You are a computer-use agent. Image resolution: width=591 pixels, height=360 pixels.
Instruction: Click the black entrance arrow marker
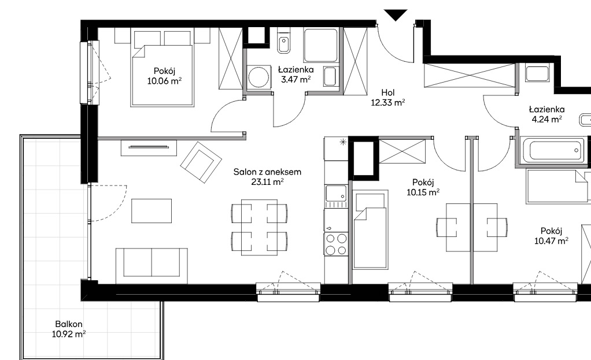[396, 14]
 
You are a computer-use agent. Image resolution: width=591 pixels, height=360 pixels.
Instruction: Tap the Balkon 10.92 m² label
[69, 329]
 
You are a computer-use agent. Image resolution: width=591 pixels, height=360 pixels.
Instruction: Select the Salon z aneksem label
[267, 172]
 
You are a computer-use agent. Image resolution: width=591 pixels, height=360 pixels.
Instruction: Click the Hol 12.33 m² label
[388, 98]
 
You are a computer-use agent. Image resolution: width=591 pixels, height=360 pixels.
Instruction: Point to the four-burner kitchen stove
[336, 244]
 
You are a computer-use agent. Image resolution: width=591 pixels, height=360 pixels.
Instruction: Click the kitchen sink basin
[336, 194]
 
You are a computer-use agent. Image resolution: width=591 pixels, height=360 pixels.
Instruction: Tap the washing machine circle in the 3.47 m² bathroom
[259, 77]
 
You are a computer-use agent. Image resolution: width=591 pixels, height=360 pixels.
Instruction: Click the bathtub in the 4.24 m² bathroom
[555, 150]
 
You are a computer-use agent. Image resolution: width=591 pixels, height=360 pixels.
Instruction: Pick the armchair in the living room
[201, 162]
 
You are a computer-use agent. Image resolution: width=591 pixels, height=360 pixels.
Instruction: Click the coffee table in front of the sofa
[152, 211]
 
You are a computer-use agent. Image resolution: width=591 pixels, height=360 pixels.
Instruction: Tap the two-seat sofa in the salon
[152, 265]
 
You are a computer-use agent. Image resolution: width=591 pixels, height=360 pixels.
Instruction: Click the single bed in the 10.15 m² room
[371, 230]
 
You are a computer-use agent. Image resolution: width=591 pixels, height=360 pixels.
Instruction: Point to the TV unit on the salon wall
[149, 147]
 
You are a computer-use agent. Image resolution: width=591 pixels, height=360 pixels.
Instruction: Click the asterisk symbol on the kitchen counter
[343, 142]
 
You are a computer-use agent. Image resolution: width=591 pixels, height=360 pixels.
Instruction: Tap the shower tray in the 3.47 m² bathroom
[321, 45]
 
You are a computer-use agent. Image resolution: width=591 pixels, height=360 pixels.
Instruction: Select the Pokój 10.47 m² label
[551, 236]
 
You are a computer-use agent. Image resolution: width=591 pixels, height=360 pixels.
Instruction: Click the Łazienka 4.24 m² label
[546, 114]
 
